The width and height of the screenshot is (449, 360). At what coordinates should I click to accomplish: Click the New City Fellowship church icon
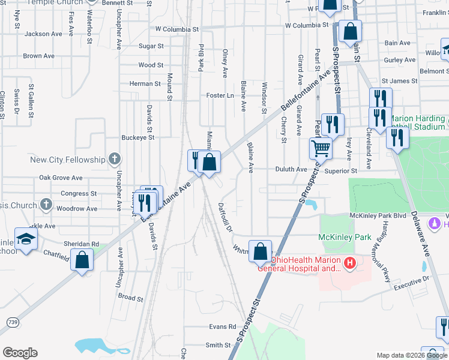point(115,160)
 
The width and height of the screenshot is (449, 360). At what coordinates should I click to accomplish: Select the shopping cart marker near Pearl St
point(321,148)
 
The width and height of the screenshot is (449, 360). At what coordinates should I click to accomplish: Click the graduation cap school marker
point(26,238)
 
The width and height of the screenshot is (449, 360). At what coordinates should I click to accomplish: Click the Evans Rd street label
point(223,326)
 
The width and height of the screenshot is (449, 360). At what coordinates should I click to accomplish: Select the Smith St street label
point(218,345)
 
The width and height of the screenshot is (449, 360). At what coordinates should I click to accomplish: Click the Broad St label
point(130,298)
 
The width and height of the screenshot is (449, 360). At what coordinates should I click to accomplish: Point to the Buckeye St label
point(139,137)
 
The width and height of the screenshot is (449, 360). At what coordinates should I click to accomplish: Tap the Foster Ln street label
point(220,95)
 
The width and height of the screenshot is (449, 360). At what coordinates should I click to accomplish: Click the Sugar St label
point(151,46)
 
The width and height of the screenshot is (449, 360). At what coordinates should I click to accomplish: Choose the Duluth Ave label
point(291,170)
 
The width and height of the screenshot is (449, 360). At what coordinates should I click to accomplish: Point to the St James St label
point(399,80)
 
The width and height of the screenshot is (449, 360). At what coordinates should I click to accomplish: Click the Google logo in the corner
point(20,353)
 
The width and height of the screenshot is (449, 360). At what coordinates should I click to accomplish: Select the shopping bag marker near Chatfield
point(82,260)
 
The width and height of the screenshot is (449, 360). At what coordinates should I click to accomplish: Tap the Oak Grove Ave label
point(61,178)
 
